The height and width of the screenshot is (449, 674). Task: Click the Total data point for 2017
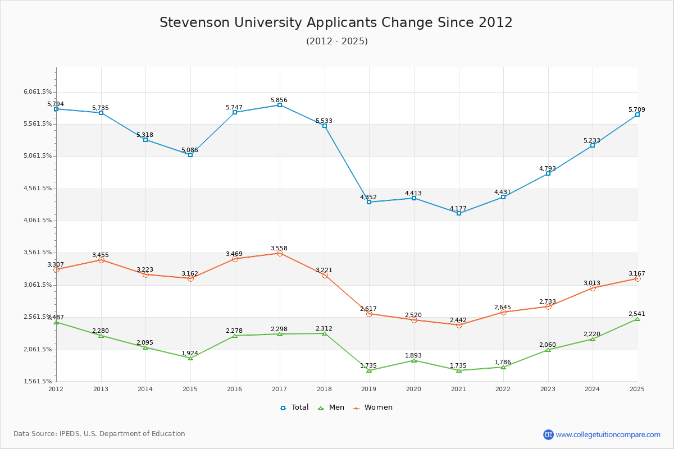tap(280, 105)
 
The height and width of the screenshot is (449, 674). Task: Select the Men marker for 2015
tap(190, 358)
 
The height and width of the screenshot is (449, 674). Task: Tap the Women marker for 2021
tap(459, 325)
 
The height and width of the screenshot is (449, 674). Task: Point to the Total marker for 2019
tap(369, 202)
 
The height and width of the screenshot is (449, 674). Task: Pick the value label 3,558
tap(279, 249)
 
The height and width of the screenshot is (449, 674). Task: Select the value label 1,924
tap(190, 354)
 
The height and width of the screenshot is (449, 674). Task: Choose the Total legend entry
tap(294, 407)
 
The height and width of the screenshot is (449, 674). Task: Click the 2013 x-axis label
tap(101, 389)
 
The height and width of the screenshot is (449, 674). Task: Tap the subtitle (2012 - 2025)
tap(337, 42)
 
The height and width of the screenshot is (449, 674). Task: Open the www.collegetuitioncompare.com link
tap(608, 434)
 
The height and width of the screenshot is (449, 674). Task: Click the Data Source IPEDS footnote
tap(99, 434)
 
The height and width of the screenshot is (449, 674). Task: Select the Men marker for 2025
tap(637, 319)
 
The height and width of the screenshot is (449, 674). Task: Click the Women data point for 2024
tap(593, 288)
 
